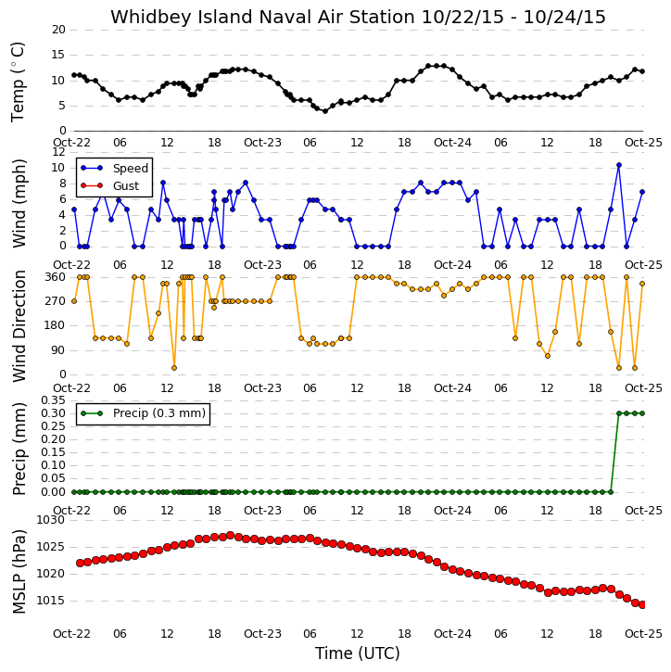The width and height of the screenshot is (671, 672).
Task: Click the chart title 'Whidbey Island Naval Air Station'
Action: [x=262, y=17]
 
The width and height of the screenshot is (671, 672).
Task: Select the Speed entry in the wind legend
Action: [x=114, y=168]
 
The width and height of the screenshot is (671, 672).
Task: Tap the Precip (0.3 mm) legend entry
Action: [x=143, y=413]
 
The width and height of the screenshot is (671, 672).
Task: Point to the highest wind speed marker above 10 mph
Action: [x=619, y=165]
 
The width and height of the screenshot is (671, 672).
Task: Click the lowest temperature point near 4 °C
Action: [x=325, y=111]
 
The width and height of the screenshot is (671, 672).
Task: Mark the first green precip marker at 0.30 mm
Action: [x=619, y=413]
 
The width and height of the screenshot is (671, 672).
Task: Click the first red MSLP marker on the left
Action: [x=80, y=563]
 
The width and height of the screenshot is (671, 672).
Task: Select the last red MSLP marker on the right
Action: [x=642, y=604]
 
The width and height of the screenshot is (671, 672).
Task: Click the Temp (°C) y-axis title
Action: [x=18, y=82]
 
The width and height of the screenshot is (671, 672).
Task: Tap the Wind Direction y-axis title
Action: [x=19, y=326]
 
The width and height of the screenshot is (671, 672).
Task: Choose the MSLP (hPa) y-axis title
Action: [x=19, y=572]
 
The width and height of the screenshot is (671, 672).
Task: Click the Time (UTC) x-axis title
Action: [x=358, y=653]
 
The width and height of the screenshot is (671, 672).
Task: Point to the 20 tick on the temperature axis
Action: [x=58, y=30]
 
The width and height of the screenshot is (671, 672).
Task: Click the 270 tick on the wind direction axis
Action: [x=56, y=301]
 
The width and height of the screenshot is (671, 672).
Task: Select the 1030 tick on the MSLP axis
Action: [x=51, y=520]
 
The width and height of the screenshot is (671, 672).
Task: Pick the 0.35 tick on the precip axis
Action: [x=53, y=400]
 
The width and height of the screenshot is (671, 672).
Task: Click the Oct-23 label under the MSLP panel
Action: [x=262, y=633]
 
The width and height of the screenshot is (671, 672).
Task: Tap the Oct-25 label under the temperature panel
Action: [x=643, y=143]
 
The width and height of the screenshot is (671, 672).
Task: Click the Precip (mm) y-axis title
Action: [x=19, y=450]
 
